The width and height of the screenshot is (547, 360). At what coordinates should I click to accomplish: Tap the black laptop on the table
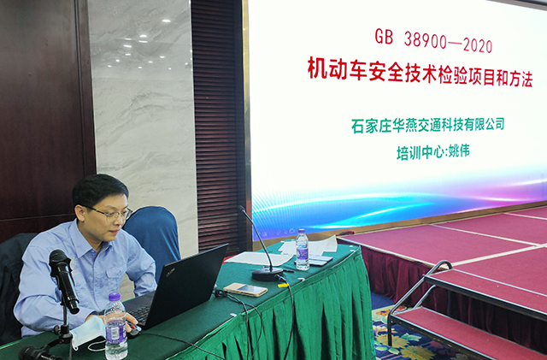[x=183, y=286]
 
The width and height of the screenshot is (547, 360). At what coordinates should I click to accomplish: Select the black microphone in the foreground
[x=63, y=278]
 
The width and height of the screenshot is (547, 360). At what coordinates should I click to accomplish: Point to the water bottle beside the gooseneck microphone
[x=302, y=250]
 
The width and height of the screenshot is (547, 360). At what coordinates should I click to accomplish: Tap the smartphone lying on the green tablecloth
[x=244, y=289]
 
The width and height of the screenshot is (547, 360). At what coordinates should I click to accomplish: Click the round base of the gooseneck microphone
[x=268, y=274]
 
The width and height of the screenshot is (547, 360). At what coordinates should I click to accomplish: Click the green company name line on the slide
[x=427, y=125]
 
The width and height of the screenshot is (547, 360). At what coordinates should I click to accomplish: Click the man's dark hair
[x=96, y=188]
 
